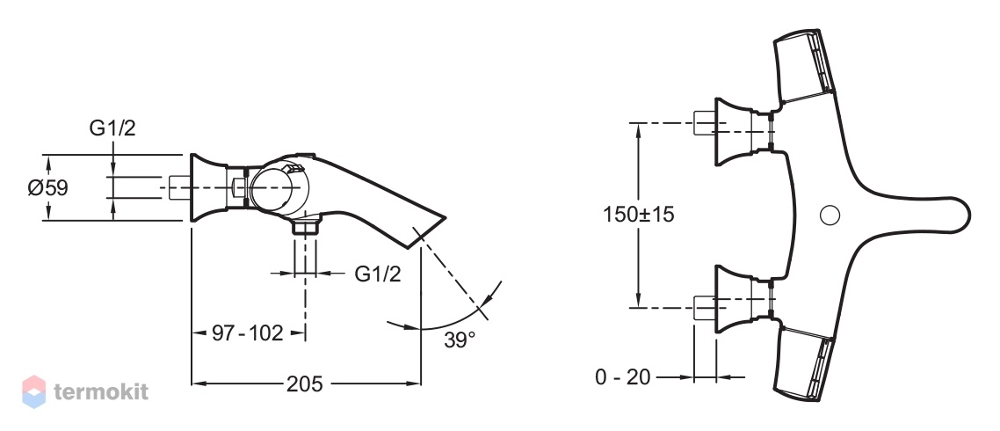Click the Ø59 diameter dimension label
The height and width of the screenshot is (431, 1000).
click(x=47, y=188)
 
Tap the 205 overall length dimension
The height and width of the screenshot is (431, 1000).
click(x=304, y=384)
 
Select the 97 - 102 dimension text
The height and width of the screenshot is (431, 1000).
click(x=247, y=332)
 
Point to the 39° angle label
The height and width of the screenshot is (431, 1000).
click(x=460, y=340)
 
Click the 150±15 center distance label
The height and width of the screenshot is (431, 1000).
click(x=638, y=214)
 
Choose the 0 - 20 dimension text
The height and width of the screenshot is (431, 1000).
click(x=623, y=377)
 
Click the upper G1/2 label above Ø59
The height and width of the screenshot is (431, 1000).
click(x=112, y=128)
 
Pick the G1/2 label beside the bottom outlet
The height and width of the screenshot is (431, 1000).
click(x=378, y=274)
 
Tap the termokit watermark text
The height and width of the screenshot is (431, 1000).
click(x=101, y=391)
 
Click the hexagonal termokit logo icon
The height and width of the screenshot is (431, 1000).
click(x=33, y=391)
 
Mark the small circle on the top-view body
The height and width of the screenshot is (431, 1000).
click(x=830, y=215)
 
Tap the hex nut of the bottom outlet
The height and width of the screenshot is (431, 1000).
click(x=306, y=227)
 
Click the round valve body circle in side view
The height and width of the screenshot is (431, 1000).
click(x=276, y=188)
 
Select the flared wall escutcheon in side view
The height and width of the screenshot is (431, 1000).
click(x=208, y=187)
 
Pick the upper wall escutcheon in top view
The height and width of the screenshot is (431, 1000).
click(x=733, y=133)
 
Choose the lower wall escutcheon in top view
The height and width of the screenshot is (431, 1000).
click(x=733, y=299)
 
